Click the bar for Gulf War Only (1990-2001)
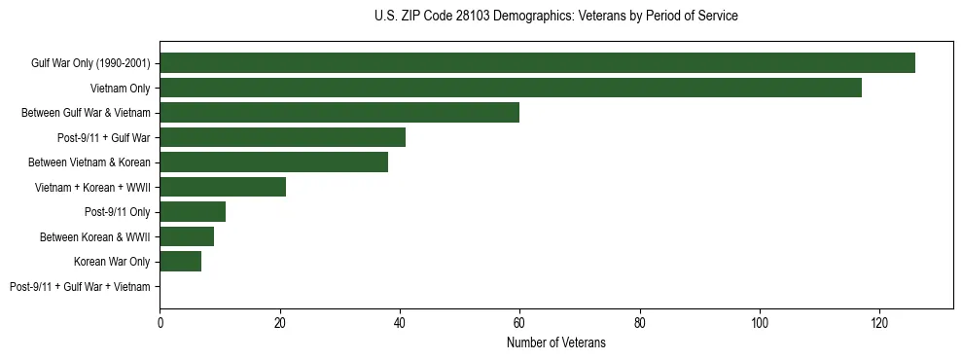(537, 63)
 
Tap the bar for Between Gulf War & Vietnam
(339, 113)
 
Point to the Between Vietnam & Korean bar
(273, 162)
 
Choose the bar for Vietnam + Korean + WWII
(223, 187)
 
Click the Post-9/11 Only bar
(193, 212)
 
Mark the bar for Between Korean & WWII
(187, 236)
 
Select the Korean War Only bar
(181, 262)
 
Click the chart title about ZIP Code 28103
(555, 17)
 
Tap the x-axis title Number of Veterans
(555, 342)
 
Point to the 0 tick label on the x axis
(160, 323)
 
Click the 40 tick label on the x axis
(400, 323)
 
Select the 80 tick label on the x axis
(640, 323)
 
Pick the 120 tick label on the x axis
(879, 323)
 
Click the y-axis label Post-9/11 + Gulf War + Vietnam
(80, 287)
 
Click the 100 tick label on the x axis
(760, 323)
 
